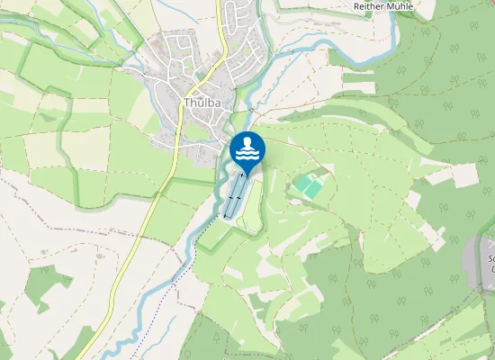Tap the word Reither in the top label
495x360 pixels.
[368, 5]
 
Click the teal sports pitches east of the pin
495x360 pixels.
[309, 186]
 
